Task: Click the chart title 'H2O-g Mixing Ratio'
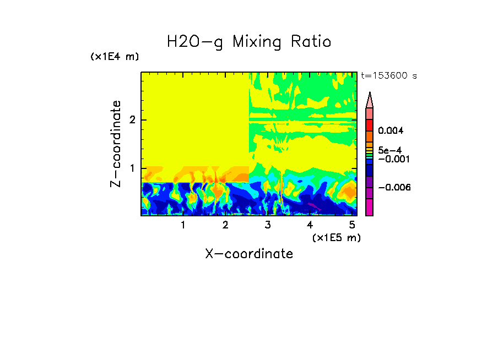pos(249,42)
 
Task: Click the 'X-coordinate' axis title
pos(249,254)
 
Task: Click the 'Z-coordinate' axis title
pos(116,144)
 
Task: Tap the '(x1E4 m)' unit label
pos(115,57)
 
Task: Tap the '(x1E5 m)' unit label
pos(336,237)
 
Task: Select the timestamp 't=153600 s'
pos(388,76)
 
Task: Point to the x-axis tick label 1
pos(183,225)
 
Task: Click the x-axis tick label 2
pos(225,225)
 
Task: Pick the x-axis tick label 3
pos(268,225)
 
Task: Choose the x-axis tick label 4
pos(310,225)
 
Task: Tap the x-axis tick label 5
pos(352,225)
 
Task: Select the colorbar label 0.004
pos(391,131)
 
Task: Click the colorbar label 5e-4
pos(389,150)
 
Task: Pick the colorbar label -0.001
pos(392,159)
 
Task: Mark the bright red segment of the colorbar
pos(370,124)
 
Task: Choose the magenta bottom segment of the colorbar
pos(370,208)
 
